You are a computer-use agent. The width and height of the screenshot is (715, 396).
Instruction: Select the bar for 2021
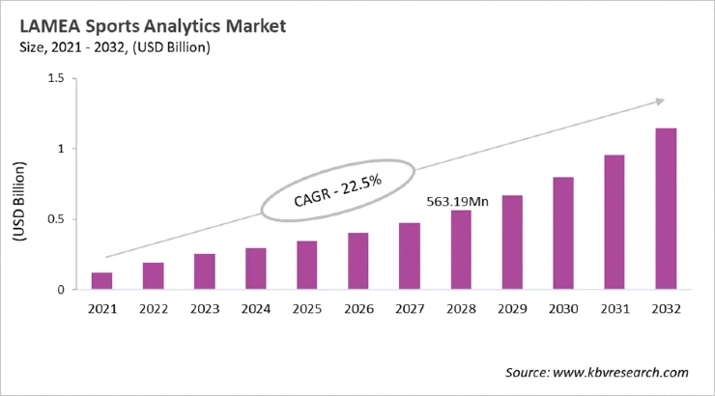coord(101,281)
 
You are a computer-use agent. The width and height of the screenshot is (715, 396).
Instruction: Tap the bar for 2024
coord(255,269)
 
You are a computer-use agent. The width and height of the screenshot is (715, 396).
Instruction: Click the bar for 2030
coord(563,233)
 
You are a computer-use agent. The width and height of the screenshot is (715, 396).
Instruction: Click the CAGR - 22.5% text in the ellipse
coord(337,190)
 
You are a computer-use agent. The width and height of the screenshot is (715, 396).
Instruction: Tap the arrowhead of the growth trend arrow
coord(661,99)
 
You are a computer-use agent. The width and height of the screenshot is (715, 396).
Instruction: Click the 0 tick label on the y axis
coord(60,290)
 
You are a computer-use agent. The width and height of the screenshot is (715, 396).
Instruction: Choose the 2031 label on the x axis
coord(615,309)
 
